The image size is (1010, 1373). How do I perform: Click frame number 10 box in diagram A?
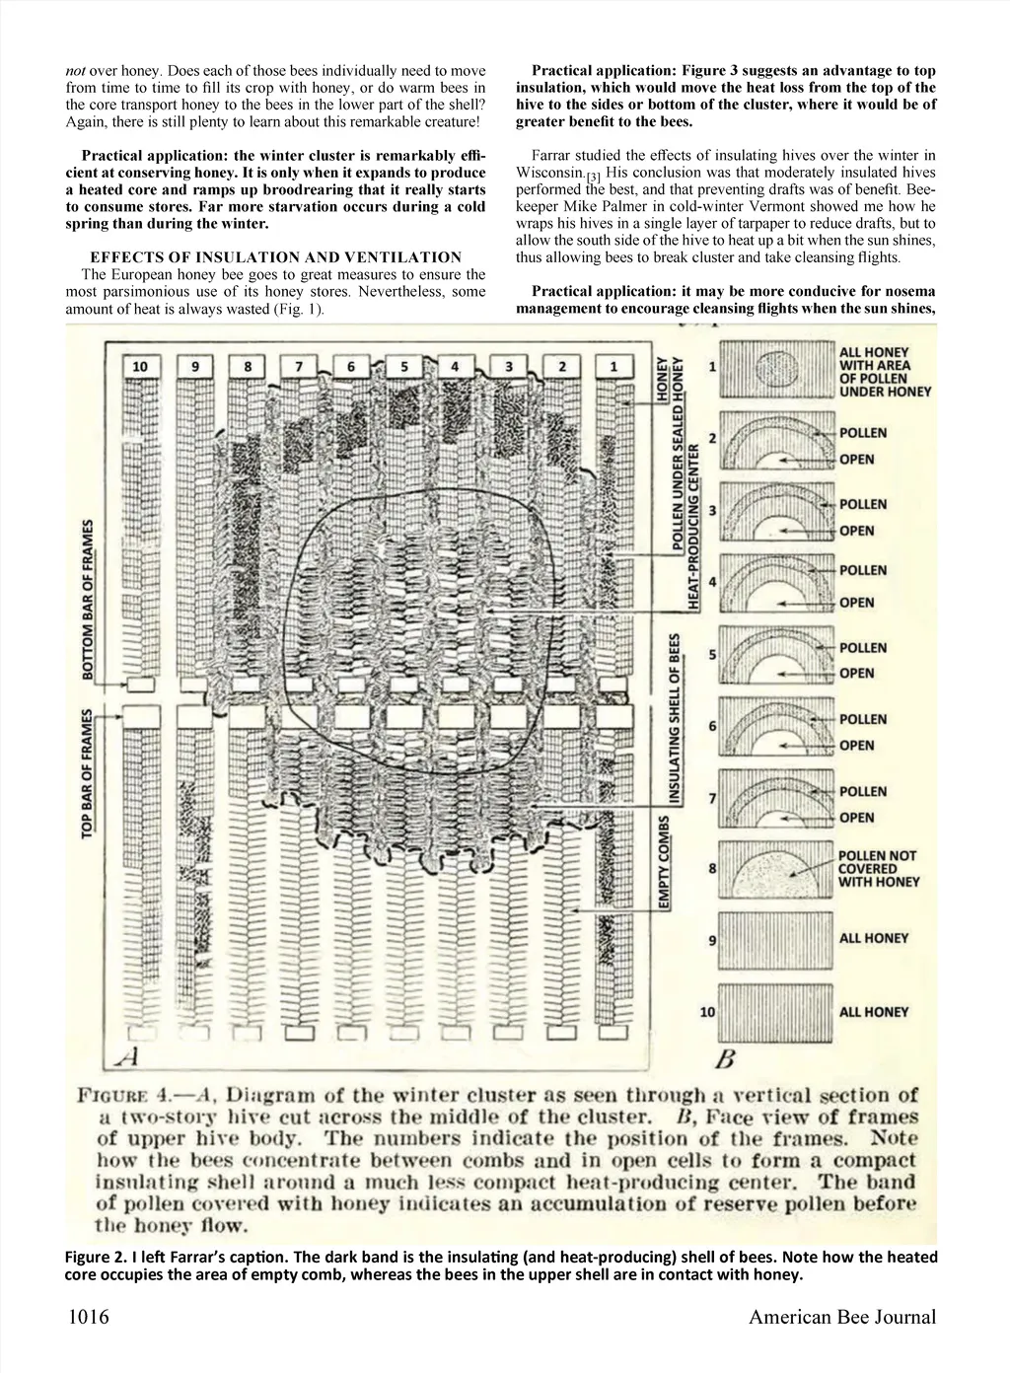tap(140, 366)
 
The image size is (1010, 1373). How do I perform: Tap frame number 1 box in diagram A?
tap(613, 366)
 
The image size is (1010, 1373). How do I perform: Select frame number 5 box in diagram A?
tap(403, 366)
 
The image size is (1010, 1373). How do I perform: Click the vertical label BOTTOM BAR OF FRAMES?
tap(88, 600)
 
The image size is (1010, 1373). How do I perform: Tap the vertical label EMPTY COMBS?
tap(666, 862)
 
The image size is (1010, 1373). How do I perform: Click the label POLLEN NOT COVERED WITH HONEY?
tap(877, 869)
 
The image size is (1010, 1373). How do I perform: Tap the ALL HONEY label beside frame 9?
tap(874, 938)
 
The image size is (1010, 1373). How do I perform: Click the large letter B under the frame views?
tap(725, 1060)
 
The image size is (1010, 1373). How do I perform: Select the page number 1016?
tap(88, 1317)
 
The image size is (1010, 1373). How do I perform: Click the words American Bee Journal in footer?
tap(841, 1317)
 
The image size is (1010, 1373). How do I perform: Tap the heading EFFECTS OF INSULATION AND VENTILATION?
tap(275, 257)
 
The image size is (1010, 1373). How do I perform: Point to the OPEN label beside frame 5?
tap(857, 674)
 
